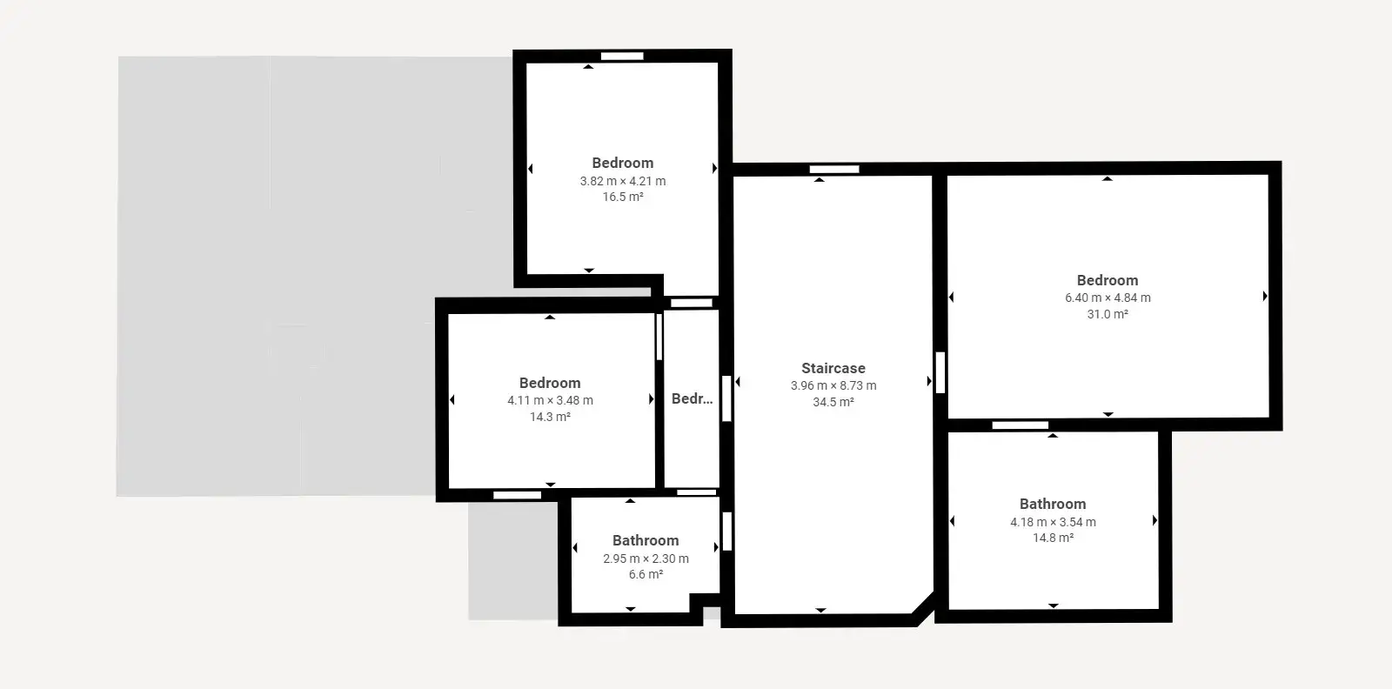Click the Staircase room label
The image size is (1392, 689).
pyautogui.click(x=833, y=368)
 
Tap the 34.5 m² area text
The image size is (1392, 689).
pyautogui.click(x=833, y=402)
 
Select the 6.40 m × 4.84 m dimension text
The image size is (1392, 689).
pyautogui.click(x=1108, y=298)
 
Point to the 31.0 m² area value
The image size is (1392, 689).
pyautogui.click(x=1108, y=314)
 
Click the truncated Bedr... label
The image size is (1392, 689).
pyautogui.click(x=693, y=398)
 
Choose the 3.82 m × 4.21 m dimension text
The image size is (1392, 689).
pyautogui.click(x=623, y=181)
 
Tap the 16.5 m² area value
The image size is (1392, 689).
pyautogui.click(x=623, y=197)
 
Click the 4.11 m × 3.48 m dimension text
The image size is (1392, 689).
pyautogui.click(x=550, y=401)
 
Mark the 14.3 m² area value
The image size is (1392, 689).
pyautogui.click(x=550, y=417)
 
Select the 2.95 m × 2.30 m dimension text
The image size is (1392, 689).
pyautogui.click(x=646, y=559)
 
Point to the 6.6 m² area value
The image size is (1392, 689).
pyautogui.click(x=646, y=575)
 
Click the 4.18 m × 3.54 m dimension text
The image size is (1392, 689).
pyautogui.click(x=1054, y=523)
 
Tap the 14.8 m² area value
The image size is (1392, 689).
pyautogui.click(x=1054, y=538)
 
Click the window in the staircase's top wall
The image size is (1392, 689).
pyautogui.click(x=834, y=169)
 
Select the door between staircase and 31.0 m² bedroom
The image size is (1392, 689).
pyautogui.click(x=940, y=372)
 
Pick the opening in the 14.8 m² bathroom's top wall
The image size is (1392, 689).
pyautogui.click(x=1020, y=425)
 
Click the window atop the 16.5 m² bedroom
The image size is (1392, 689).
pyautogui.click(x=622, y=56)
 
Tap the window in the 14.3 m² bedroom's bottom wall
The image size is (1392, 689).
pyautogui.click(x=517, y=495)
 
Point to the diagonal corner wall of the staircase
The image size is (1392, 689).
pyautogui.click(x=923, y=608)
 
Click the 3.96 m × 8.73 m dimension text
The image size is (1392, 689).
pyautogui.click(x=833, y=385)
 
